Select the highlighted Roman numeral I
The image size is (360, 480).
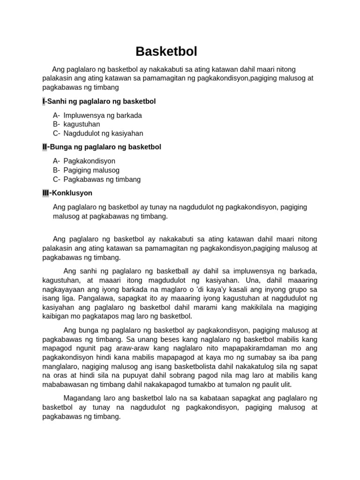[x=44, y=101]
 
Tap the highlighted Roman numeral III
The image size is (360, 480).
[x=45, y=193]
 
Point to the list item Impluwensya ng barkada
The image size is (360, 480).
[x=103, y=115]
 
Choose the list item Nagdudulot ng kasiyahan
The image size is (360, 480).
[x=103, y=133]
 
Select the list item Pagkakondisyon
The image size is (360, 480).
[x=89, y=161]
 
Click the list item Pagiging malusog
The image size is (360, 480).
[x=91, y=170]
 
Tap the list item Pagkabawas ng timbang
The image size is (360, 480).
[x=102, y=179]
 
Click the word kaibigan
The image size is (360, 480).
[x=56, y=316]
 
